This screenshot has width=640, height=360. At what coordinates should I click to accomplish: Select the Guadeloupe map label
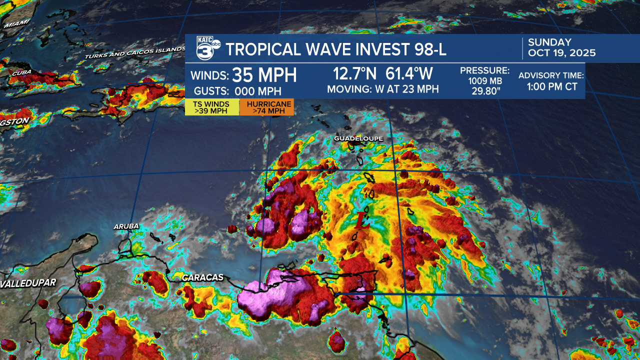point(358,138)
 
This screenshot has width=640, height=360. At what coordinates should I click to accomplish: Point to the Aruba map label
point(126,226)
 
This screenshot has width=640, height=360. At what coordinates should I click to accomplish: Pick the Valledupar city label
point(28,283)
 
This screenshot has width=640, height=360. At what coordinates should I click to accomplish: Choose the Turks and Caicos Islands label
point(135,52)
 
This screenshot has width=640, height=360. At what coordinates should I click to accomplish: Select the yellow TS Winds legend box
point(212,107)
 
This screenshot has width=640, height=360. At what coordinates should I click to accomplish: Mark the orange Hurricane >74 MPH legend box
point(266,107)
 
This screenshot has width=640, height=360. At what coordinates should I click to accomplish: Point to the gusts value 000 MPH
point(258,91)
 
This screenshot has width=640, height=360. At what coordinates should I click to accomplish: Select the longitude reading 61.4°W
point(409,74)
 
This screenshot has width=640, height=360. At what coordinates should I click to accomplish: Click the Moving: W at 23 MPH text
point(382,89)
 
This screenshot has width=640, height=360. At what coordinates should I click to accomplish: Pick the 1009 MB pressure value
point(484,81)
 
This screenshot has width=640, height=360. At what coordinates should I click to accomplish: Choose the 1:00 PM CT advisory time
point(552,86)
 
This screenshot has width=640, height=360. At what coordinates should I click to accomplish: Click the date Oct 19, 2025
point(562,53)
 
